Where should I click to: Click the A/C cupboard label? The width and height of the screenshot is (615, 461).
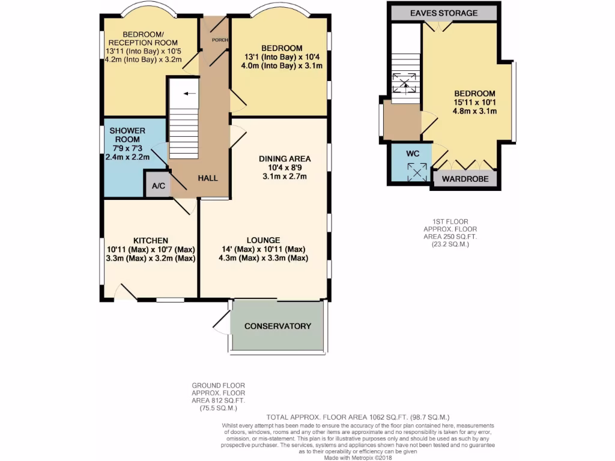pos(159,186)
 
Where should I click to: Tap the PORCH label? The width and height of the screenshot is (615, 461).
pos(217,40)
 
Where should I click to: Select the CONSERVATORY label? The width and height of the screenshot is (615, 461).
pos(277,326)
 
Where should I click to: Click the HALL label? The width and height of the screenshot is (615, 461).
pos(208,178)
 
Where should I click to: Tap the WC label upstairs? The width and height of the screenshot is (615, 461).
pos(412,153)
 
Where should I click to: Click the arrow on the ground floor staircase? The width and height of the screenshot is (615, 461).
pos(190,94)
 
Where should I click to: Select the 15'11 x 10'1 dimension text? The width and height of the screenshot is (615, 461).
pos(474,102)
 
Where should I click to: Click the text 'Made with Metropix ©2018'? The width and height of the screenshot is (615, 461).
pos(358,457)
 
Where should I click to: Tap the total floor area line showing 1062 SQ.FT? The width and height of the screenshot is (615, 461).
pos(357,417)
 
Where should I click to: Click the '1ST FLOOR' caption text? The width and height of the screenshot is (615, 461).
pos(444,222)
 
